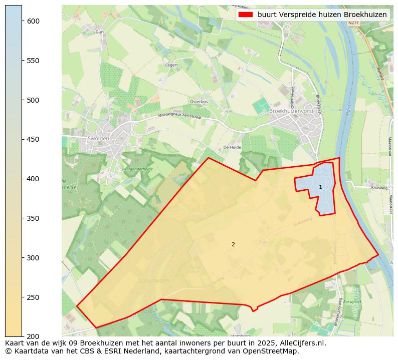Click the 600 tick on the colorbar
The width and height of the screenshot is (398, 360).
click(22, 21)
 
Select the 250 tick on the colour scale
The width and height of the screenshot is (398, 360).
click(22, 297)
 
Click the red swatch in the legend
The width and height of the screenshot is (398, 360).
click(246, 15)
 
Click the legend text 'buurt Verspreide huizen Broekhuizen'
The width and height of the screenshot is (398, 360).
click(322, 15)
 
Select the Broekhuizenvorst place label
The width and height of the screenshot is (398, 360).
click(293, 111)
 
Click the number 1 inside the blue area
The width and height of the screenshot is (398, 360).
click(320, 187)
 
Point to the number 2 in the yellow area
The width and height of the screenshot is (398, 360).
click(233, 244)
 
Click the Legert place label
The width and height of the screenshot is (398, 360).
click(171, 65)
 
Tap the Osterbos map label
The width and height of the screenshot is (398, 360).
click(198, 102)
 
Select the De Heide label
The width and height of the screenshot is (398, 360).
click(232, 148)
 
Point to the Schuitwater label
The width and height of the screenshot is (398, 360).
click(154, 281)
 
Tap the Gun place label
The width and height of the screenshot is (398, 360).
click(99, 32)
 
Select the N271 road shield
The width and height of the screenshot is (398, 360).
click(353, 23)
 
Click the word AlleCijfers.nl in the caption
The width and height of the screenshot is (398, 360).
click(300, 343)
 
